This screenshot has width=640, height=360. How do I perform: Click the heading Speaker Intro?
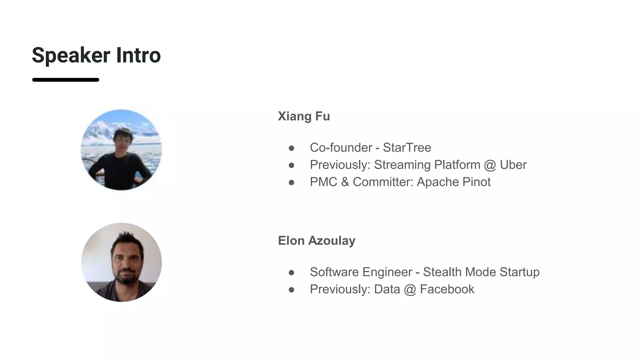96,55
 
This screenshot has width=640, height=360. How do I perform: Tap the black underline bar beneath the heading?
66,80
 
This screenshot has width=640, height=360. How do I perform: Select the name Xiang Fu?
304,116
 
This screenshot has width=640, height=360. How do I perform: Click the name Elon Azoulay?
317,241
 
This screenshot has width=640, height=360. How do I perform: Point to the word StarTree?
407,147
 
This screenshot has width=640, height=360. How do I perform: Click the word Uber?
513,165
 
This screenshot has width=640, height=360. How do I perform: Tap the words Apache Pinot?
453,182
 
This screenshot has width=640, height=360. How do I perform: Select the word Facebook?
447,289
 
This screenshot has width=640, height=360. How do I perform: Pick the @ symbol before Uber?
490,165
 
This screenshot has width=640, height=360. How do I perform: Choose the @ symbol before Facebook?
410,289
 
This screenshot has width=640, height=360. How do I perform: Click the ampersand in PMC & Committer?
345,182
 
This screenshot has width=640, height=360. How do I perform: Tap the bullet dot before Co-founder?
292,148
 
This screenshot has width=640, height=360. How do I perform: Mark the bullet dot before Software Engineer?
292,272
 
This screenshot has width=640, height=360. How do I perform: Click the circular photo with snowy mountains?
121,150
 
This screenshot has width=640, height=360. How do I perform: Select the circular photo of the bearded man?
121,262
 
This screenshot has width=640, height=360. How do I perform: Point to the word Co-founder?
341,147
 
